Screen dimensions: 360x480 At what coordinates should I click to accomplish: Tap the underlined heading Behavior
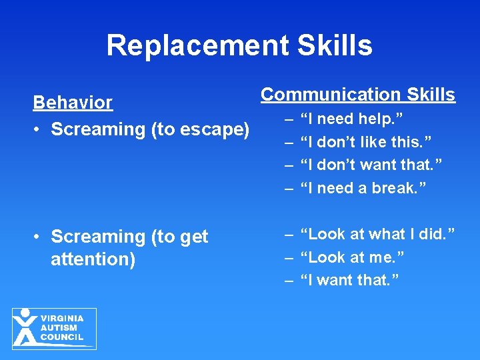(73, 103)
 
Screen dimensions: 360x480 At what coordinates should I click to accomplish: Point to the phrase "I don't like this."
(366, 142)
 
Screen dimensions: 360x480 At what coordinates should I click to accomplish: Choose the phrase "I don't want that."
(372, 165)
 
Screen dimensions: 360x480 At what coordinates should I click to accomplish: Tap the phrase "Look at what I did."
(377, 234)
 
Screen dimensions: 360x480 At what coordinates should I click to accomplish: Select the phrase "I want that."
(350, 280)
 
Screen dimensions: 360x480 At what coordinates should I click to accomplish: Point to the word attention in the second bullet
(93, 259)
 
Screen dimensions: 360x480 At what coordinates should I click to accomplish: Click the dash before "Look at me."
(289, 257)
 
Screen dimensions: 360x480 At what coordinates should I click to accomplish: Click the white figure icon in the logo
(25, 327)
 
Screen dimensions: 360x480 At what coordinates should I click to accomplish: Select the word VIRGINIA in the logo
(62, 319)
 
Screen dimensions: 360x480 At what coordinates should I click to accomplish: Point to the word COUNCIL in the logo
(62, 337)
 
